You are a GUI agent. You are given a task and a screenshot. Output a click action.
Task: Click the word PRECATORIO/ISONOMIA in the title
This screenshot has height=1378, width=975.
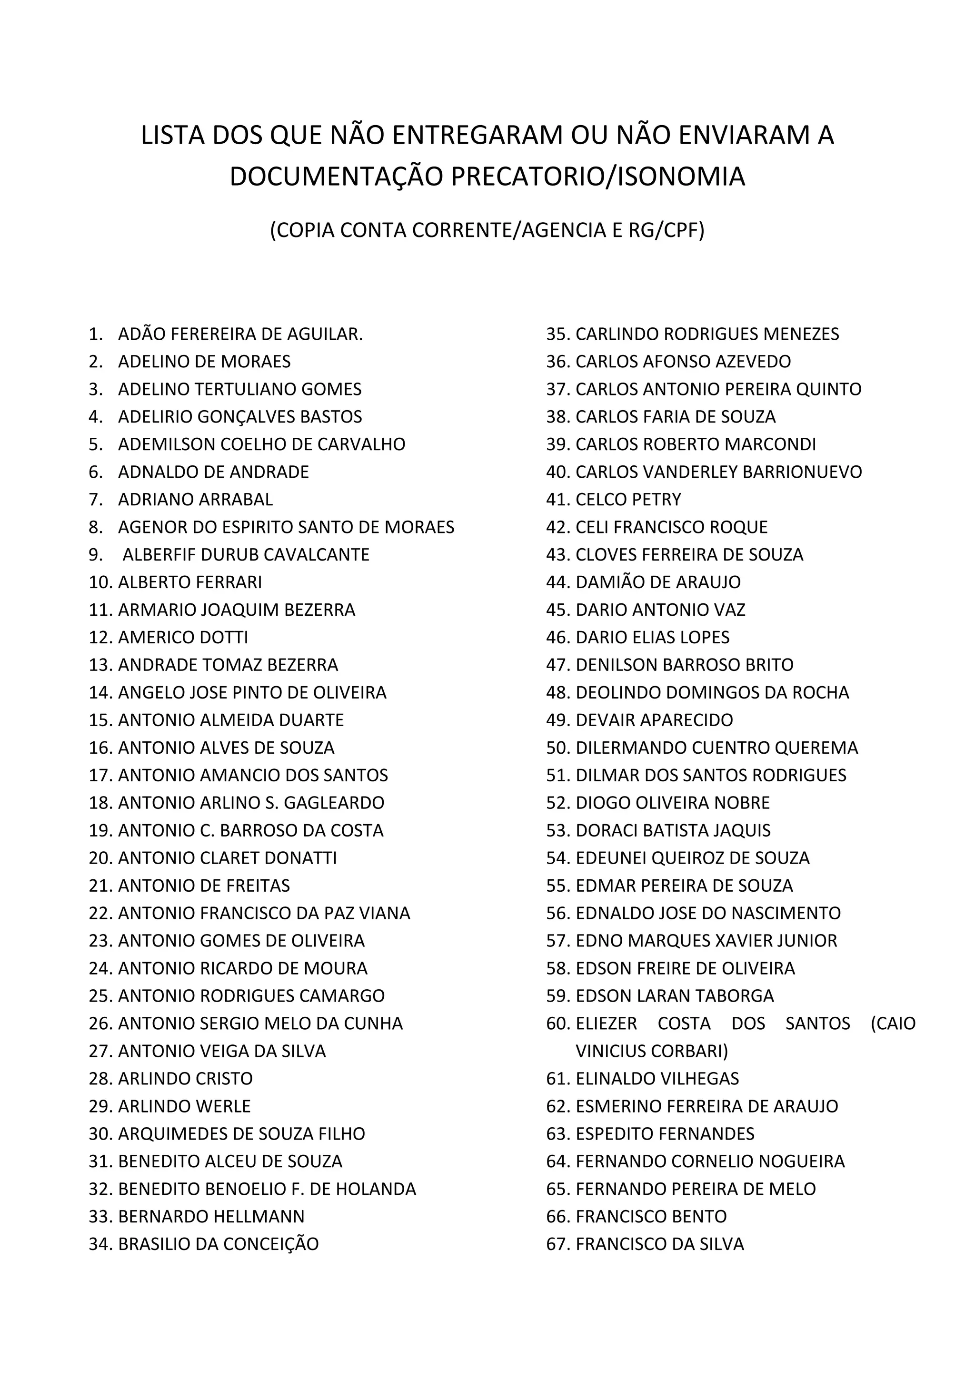(x=597, y=177)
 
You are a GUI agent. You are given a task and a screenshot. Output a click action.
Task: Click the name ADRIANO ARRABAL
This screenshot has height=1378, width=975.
(x=195, y=499)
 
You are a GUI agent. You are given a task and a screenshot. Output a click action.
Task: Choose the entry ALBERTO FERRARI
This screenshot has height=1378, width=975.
(x=190, y=582)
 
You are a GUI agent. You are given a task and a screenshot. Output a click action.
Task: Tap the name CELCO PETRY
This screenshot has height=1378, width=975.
(x=628, y=499)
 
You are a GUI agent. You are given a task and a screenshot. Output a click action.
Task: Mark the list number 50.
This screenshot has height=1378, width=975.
(x=558, y=748)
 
